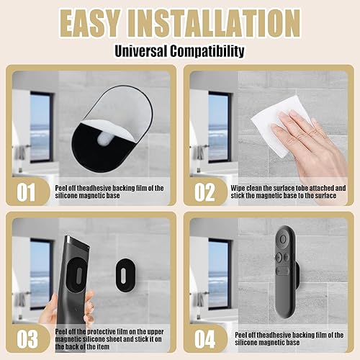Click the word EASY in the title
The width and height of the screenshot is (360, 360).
point(90,24)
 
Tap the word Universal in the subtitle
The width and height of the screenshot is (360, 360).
point(141,51)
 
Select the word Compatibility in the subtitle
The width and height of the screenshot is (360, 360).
point(207,51)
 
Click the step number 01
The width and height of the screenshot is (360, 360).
point(26,192)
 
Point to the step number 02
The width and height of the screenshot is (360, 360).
point(204,192)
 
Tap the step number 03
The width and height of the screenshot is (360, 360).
point(27,339)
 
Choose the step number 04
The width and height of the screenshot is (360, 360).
point(204,339)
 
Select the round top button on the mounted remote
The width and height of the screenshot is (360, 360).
point(283,239)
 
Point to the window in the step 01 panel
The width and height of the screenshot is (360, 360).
point(40,127)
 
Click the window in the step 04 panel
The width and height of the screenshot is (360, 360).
point(218,274)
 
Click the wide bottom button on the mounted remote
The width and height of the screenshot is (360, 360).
point(282,271)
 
